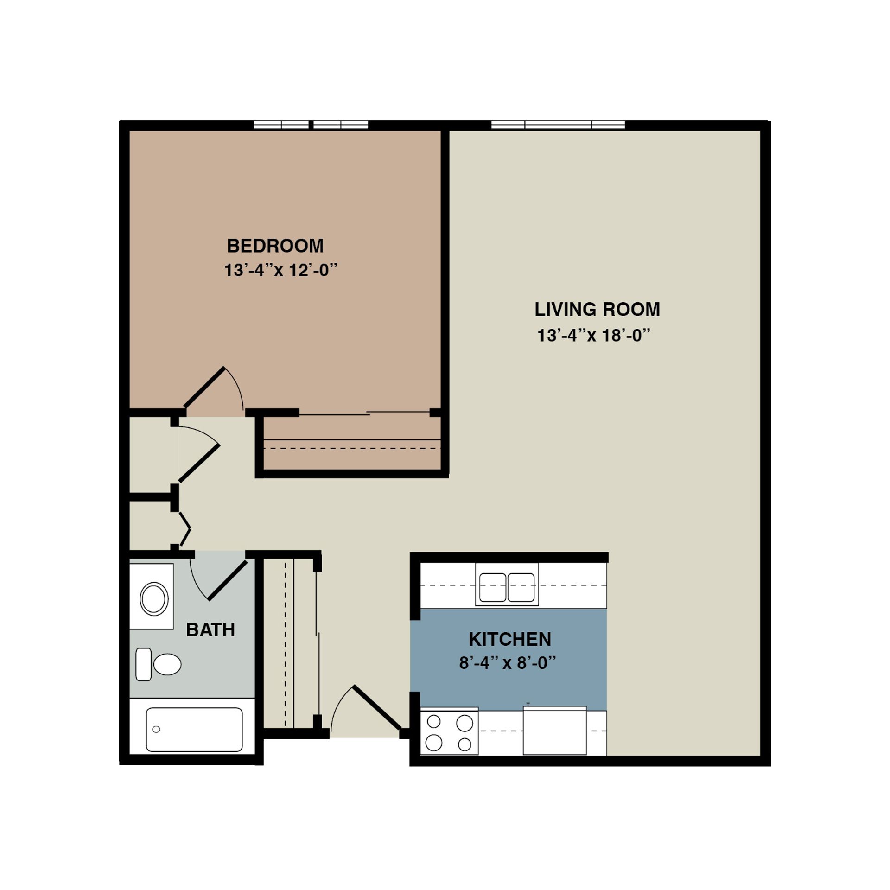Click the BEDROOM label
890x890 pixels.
[275, 246]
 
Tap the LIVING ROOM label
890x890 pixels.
[597, 309]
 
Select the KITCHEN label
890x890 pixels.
[509, 639]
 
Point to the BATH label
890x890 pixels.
[210, 630]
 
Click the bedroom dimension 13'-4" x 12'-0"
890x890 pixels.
[280, 270]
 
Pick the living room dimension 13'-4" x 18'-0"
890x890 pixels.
[594, 335]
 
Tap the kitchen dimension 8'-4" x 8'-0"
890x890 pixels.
[507, 663]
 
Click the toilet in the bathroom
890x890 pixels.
[160, 664]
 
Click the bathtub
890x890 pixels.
[194, 729]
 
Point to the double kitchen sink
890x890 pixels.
[507, 587]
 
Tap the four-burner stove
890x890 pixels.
[449, 732]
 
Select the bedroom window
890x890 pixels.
[311, 125]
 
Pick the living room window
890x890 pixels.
[558, 125]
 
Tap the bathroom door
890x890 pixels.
[227, 580]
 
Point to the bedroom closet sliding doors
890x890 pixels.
[364, 413]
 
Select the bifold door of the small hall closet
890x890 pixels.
[185, 529]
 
